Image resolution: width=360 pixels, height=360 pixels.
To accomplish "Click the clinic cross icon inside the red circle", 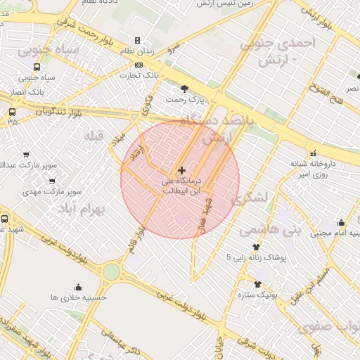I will coord(182,170).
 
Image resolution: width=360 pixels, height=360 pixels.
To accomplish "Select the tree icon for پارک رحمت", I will coord(185,89).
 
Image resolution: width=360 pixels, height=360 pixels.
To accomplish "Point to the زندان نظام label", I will coord(149,51).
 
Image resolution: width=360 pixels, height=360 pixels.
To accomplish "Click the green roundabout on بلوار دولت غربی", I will coord(111,272).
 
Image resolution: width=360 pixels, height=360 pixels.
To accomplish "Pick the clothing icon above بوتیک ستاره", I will coord(257,284).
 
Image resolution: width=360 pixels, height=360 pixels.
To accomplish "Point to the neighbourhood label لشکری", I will coord(264,198).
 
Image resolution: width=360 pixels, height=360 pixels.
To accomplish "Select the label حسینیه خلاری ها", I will coord(78,297).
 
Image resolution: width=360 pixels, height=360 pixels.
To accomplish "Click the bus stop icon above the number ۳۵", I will coord(12,112).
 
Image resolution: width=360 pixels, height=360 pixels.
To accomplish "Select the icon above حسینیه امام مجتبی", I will coord(341,222).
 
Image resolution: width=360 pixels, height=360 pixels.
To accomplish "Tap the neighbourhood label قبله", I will coord(94,134).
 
